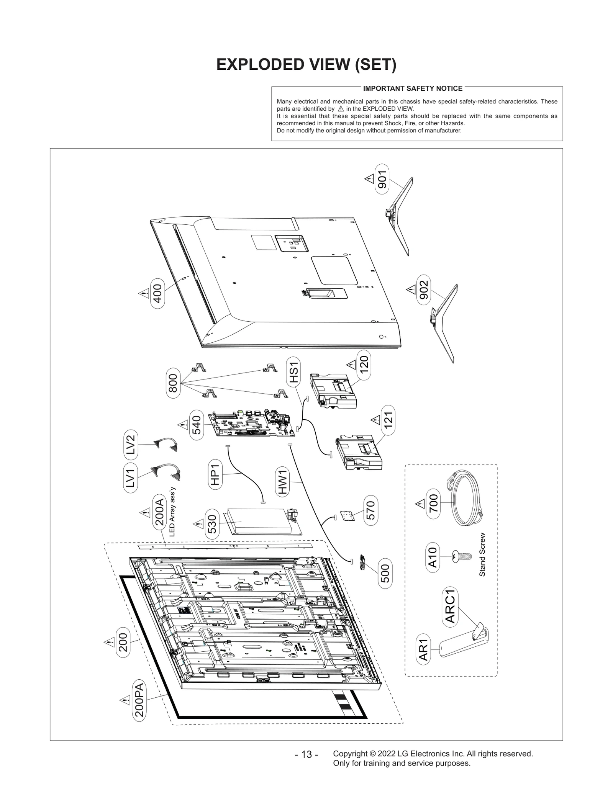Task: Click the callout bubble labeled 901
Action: pyautogui.click(x=382, y=179)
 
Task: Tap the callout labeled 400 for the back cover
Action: pyautogui.click(x=157, y=294)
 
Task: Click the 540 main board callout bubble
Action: pyautogui.click(x=196, y=425)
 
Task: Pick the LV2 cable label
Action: pyautogui.click(x=131, y=445)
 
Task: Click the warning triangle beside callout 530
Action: pyautogui.click(x=198, y=523)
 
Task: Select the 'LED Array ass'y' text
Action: pyautogui.click(x=172, y=512)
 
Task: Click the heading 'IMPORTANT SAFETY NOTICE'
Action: pyautogui.click(x=413, y=88)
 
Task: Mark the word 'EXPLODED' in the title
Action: pyautogui.click(x=257, y=64)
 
